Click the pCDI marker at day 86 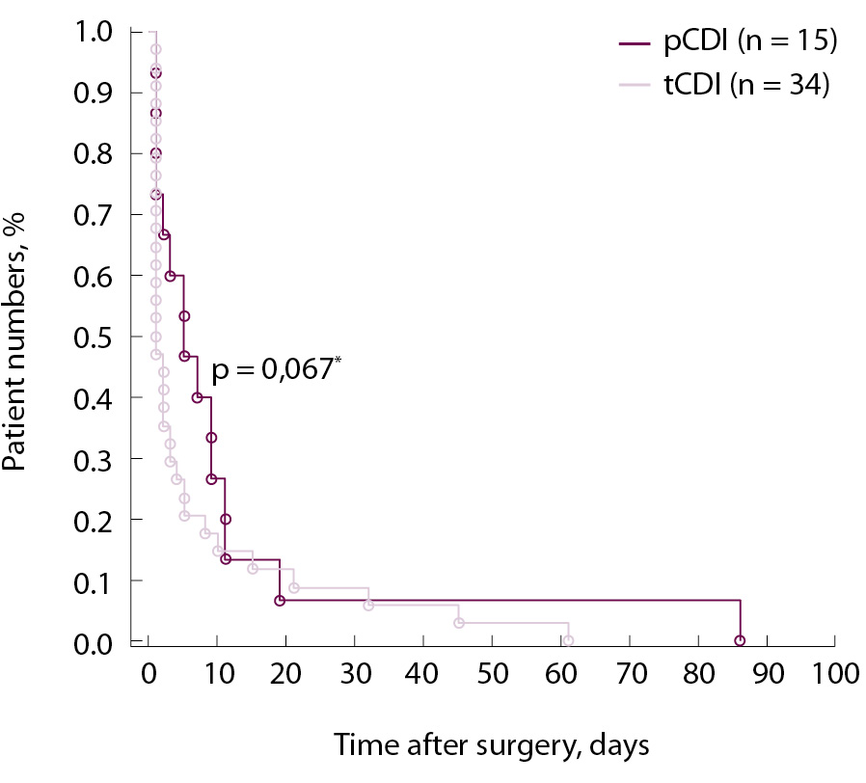tap(740, 641)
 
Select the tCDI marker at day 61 tap(568, 641)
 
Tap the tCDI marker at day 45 tap(458, 623)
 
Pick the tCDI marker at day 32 tap(368, 606)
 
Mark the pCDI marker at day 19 tap(280, 600)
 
